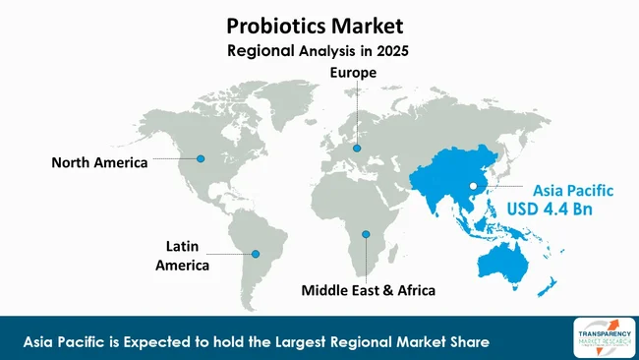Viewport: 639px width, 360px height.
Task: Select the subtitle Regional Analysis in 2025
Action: point(320,48)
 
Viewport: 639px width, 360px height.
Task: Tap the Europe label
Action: point(357,73)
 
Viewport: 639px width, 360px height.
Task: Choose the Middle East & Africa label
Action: point(367,291)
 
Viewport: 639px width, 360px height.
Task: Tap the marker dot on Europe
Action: point(357,149)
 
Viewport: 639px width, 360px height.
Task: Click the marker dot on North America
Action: point(201,158)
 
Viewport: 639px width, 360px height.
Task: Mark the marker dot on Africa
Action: point(366,234)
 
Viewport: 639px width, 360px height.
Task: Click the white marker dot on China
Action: point(473,186)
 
